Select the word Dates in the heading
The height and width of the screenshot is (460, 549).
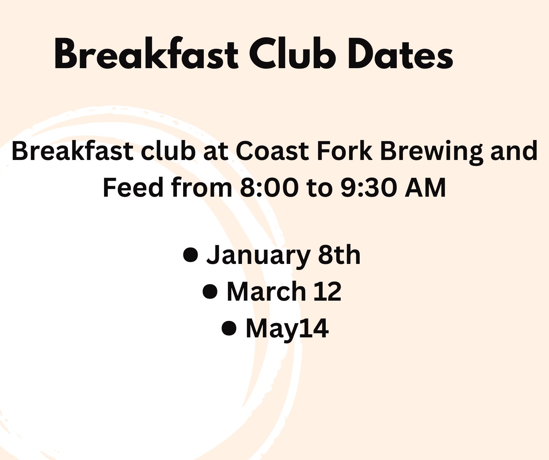(400, 54)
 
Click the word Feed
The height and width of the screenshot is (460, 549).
(133, 188)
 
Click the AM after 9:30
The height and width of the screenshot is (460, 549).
(425, 188)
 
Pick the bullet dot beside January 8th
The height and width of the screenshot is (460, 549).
(191, 255)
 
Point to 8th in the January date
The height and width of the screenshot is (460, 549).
(339, 255)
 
